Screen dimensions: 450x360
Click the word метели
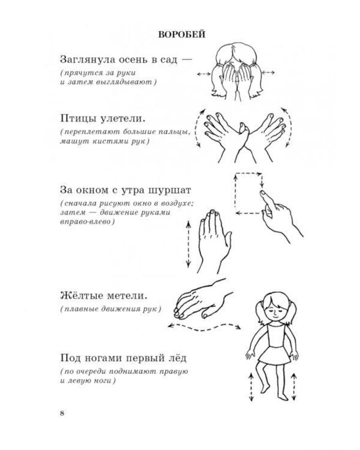click(x=128, y=296)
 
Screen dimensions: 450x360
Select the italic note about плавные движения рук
click(x=110, y=310)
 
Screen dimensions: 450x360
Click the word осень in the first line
click(x=136, y=60)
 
